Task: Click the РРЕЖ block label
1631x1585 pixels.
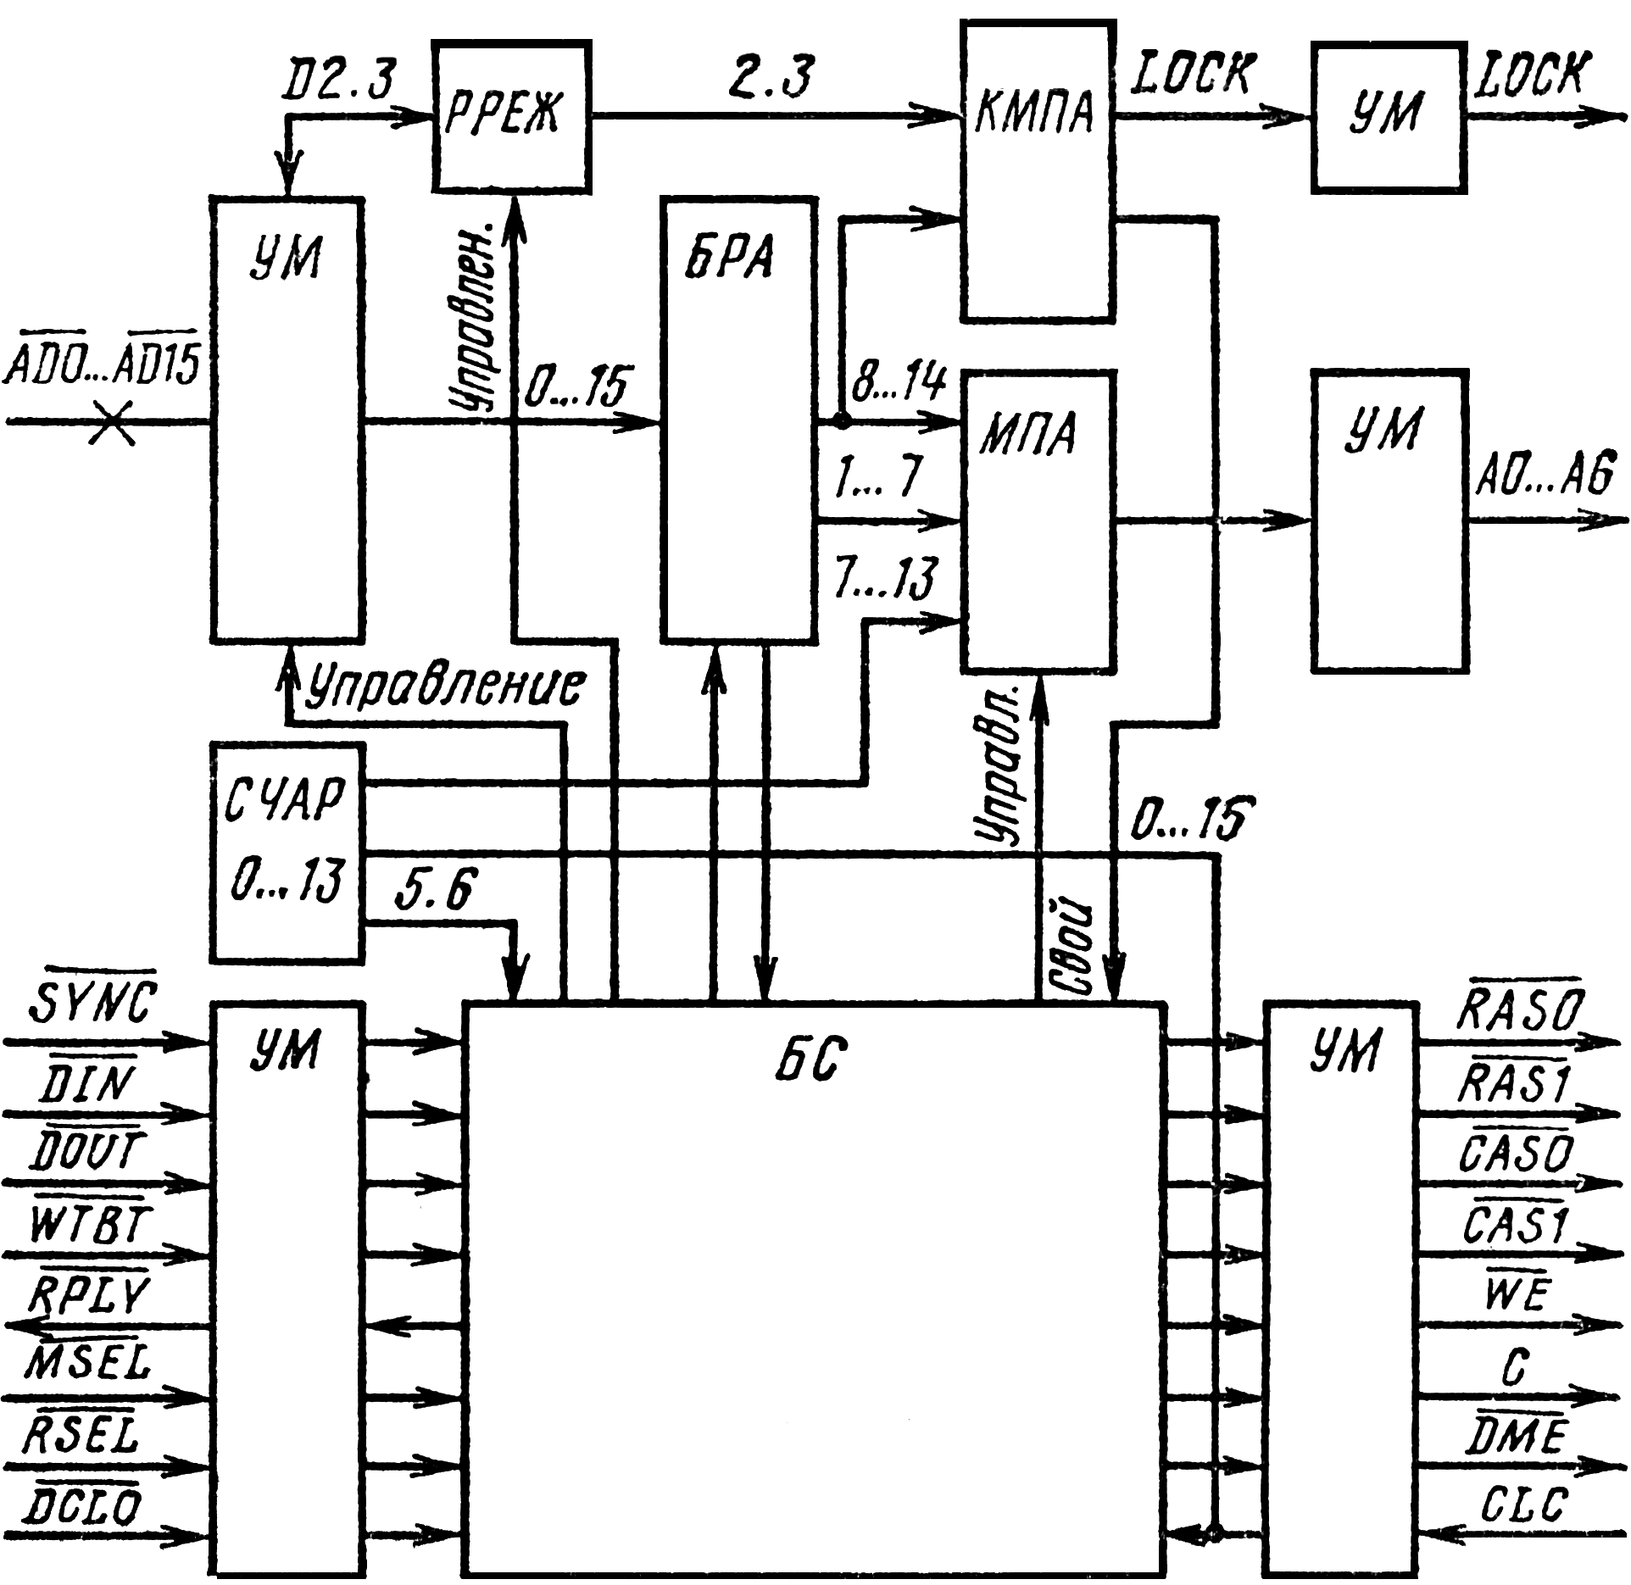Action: (502, 113)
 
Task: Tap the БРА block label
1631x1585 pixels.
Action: (729, 256)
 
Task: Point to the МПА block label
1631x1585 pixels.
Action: (1028, 434)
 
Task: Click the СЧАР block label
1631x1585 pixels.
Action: (285, 798)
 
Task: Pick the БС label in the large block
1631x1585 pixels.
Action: (810, 1059)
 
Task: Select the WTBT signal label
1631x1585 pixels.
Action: (90, 1224)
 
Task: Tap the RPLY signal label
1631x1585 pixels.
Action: (90, 1294)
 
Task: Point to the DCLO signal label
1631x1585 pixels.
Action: (83, 1506)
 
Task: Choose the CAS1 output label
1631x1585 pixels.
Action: (1516, 1225)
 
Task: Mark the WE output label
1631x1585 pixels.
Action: (1517, 1293)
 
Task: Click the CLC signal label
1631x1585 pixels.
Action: (1524, 1505)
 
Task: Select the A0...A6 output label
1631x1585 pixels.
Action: (1545, 474)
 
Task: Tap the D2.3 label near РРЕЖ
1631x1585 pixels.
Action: (339, 80)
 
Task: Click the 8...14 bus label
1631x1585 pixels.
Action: (899, 381)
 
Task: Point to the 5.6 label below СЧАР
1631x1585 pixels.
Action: (436, 889)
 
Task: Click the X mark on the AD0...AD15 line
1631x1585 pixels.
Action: (112, 422)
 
